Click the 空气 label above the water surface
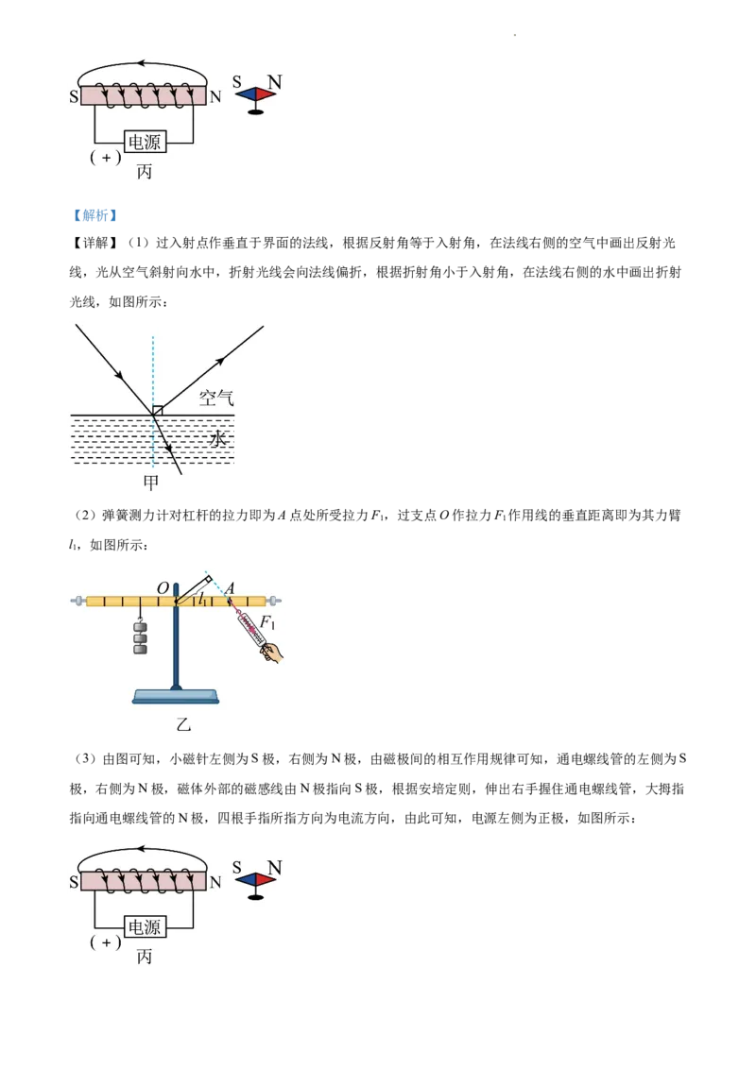(216, 398)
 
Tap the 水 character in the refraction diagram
(219, 438)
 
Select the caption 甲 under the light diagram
(150, 483)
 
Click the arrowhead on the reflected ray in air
(220, 361)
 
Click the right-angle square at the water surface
(158, 410)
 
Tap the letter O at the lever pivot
(163, 587)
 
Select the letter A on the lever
(229, 587)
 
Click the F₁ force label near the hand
(267, 621)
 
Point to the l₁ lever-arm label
(201, 599)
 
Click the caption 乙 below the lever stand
(183, 725)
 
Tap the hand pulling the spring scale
(273, 652)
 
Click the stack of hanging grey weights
(140, 637)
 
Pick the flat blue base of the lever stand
(176, 697)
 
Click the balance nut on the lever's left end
(78, 601)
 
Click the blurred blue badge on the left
(94, 215)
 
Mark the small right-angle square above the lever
(208, 578)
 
